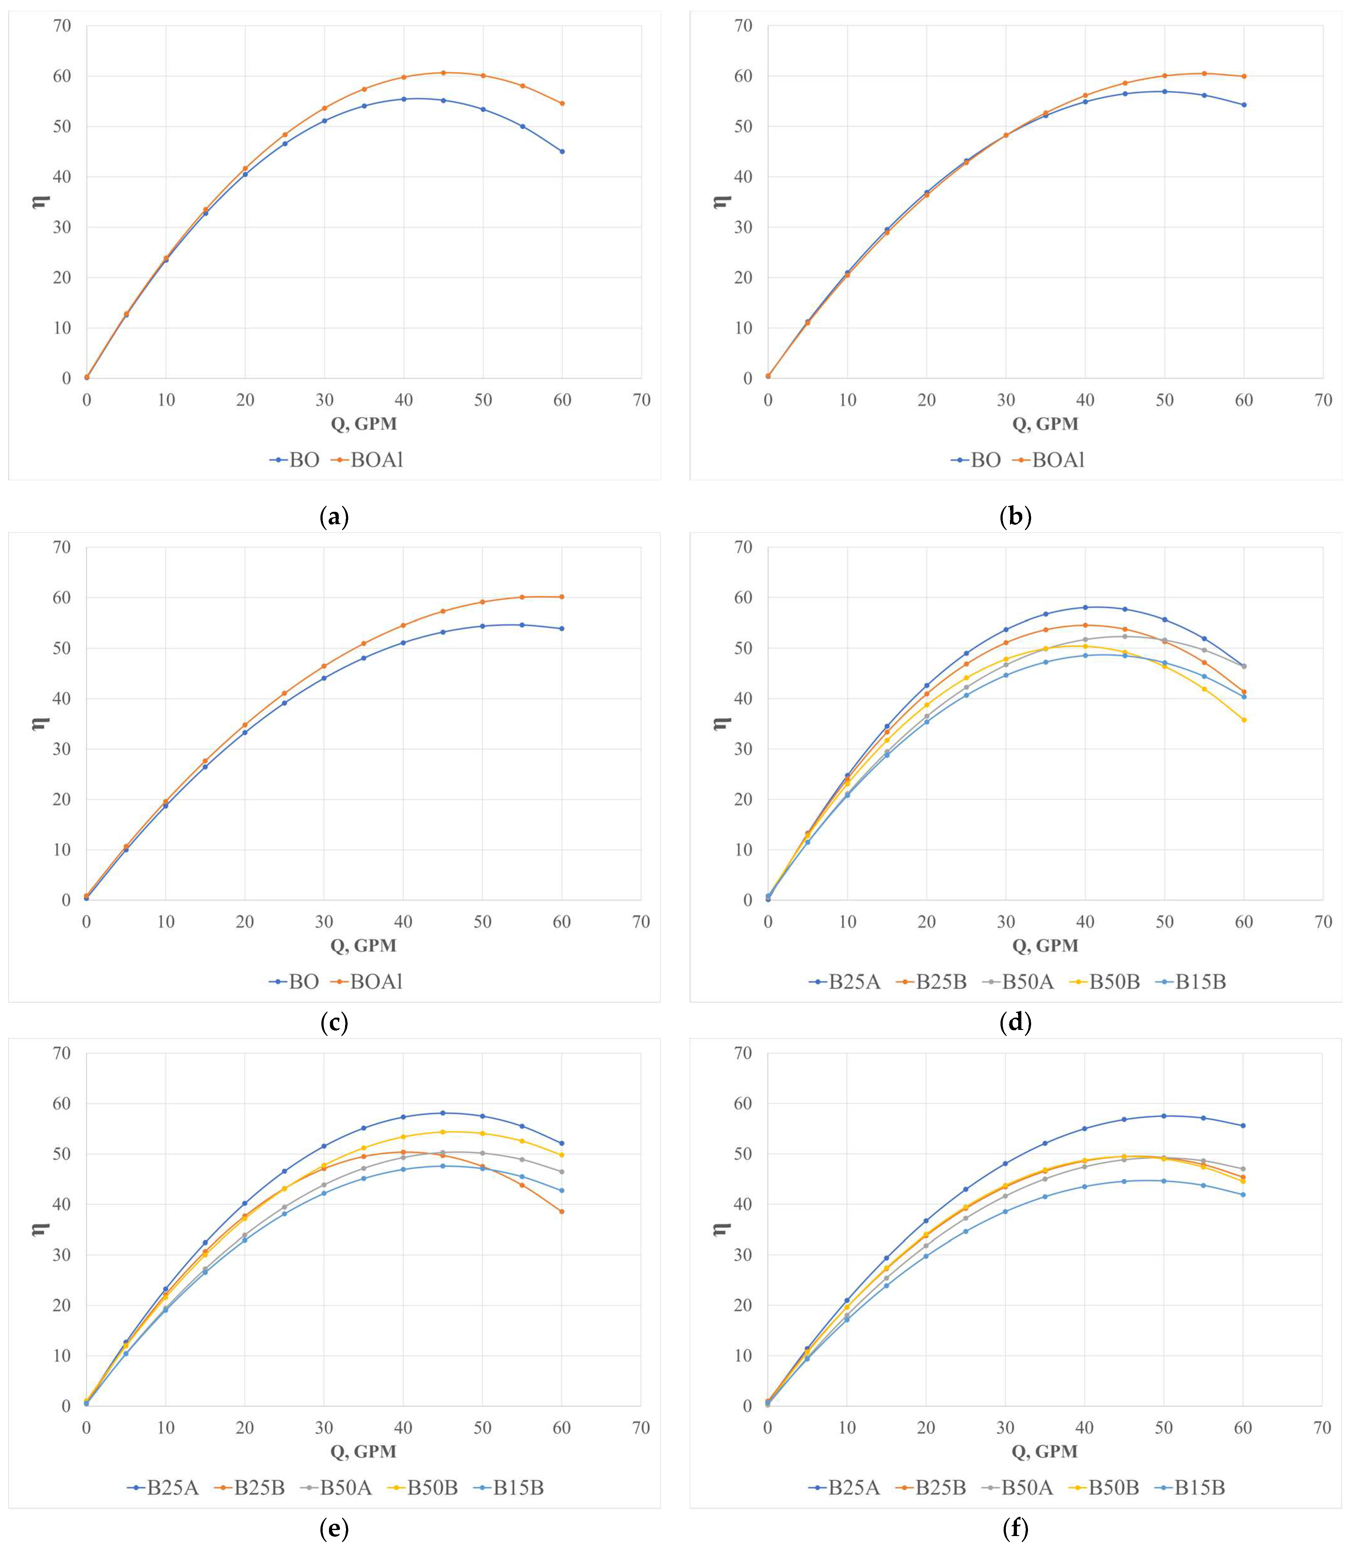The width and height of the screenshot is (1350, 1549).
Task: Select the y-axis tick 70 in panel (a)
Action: (62, 26)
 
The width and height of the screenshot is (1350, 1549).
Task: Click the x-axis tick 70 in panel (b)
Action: (1323, 400)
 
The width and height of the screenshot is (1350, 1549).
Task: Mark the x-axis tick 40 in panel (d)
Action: (1085, 922)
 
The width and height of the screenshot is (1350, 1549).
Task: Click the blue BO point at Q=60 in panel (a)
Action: (562, 151)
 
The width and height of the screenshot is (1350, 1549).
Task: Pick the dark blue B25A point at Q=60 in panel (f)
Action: (1243, 1126)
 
